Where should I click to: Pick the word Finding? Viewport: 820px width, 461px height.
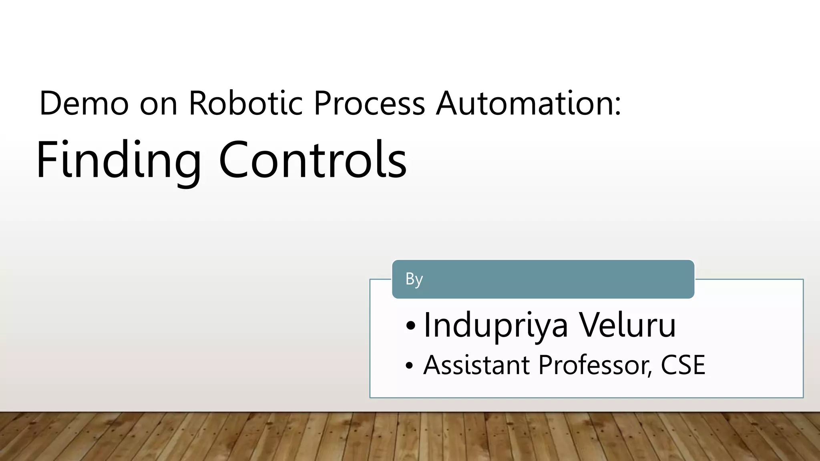(119, 160)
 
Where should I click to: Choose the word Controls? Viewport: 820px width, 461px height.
(313, 160)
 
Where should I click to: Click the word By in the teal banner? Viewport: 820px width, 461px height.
(414, 279)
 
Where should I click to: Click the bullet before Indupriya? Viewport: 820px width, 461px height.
(410, 327)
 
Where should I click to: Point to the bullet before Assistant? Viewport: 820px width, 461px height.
(409, 366)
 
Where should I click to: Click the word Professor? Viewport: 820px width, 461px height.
(592, 365)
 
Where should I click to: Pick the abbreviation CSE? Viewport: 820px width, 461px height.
(683, 365)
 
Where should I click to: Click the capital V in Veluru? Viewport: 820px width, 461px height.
(589, 325)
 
